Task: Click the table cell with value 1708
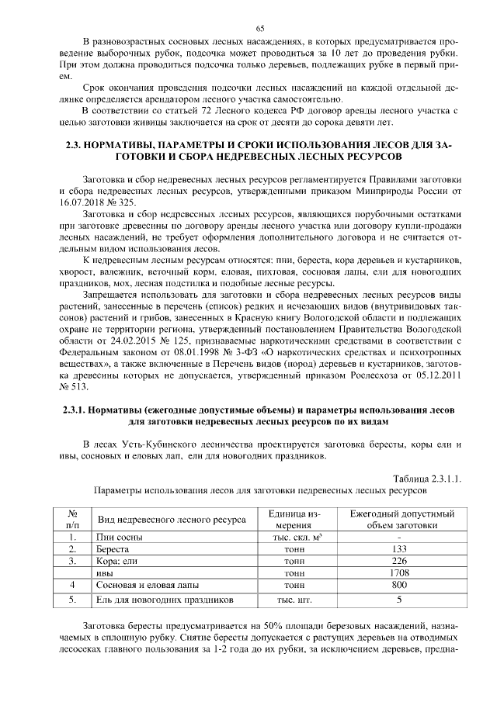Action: click(x=399, y=572)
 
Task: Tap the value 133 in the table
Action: click(x=399, y=548)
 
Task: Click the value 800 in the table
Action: click(x=399, y=585)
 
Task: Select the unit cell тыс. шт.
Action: click(x=291, y=599)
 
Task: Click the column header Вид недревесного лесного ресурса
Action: click(x=169, y=519)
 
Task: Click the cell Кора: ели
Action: click(x=116, y=561)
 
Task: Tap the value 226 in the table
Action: click(x=399, y=561)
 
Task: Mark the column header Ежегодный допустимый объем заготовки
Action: click(x=399, y=519)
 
